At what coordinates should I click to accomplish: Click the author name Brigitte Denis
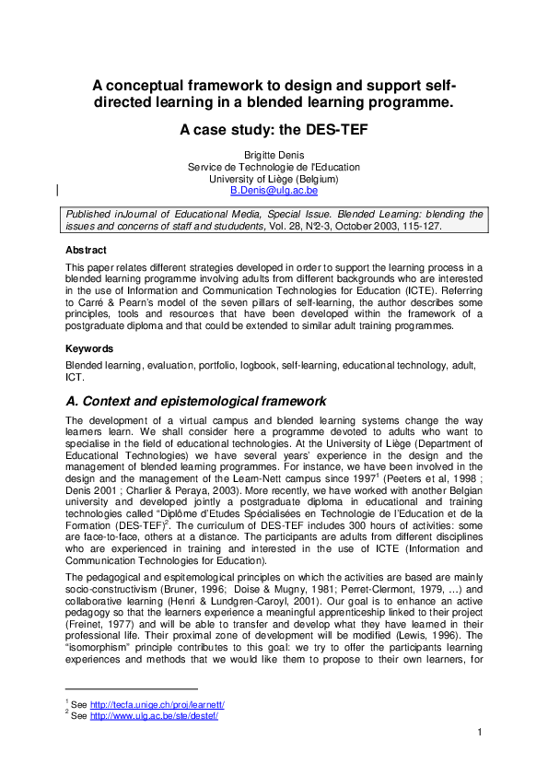274,155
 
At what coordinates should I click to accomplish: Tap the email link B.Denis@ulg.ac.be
274,191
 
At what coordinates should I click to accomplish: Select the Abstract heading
86,250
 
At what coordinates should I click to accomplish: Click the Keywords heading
89,349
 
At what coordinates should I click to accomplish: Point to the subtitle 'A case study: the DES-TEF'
274,130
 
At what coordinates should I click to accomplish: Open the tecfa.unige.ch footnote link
157,705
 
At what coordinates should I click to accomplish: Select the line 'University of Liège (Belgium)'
274,179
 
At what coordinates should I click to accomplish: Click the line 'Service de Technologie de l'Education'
274,167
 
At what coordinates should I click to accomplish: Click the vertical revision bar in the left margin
58,191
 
